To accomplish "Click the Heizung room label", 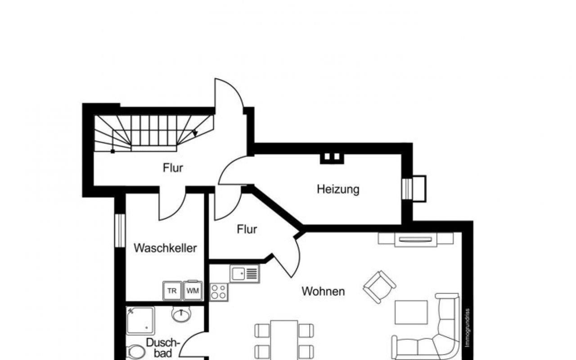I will tap(338, 189).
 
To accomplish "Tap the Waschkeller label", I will tap(165, 248).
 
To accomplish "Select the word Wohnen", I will tap(323, 291).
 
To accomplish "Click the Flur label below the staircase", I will tap(173, 168).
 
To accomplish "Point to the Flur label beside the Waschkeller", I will tap(247, 229).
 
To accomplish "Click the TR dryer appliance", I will tap(172, 291).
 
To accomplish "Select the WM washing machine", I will tap(193, 291).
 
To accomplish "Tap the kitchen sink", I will tap(244, 273).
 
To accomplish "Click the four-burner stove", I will tap(219, 292).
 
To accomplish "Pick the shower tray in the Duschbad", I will tap(140, 320).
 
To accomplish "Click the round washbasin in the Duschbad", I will tap(181, 314).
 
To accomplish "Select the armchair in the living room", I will tap(379, 287).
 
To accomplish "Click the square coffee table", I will tap(411, 312).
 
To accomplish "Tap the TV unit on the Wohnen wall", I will tap(415, 239).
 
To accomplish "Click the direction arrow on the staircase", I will tap(194, 133).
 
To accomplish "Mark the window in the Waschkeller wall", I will tap(120, 230).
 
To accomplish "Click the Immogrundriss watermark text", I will tap(468, 327).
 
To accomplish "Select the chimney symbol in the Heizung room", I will tap(332, 157).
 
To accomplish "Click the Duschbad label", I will tap(162, 348).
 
